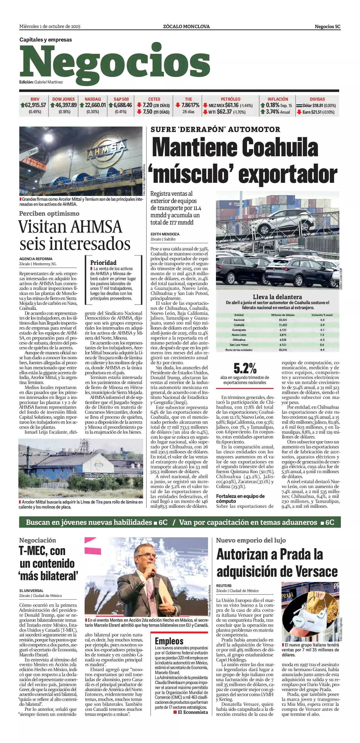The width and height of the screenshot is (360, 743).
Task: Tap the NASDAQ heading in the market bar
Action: click(x=93, y=99)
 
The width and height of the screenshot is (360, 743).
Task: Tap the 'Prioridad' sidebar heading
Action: click(x=103, y=262)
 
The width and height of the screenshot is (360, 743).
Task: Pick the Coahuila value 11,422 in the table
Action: click(x=283, y=325)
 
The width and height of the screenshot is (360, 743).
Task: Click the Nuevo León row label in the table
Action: click(x=239, y=335)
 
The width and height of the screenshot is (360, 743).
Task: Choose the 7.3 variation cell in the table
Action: click(x=322, y=335)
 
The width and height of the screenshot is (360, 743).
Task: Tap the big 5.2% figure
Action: click(x=245, y=368)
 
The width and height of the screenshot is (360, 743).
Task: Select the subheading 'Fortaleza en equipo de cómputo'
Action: click(x=240, y=499)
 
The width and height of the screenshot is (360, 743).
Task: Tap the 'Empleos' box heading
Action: click(x=169, y=641)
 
